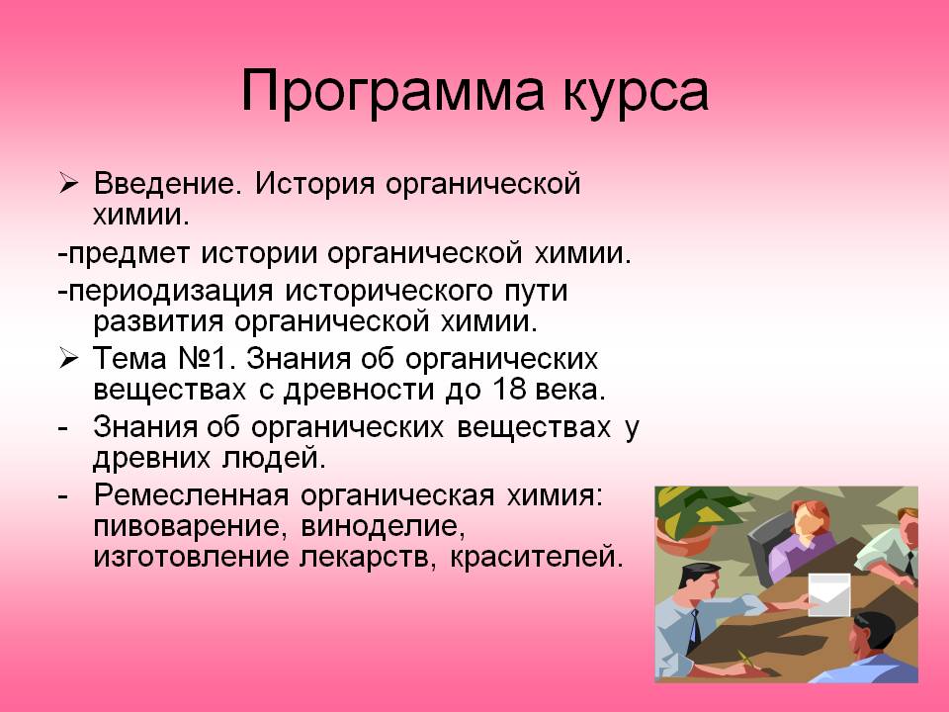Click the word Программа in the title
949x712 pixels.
pos(392,92)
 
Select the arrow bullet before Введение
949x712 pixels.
pos(68,184)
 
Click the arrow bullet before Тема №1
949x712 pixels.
pos(68,358)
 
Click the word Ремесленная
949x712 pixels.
pos(191,495)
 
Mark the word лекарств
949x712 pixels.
pos(368,558)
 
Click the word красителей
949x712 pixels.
pos(536,558)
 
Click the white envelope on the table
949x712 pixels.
pos(828,594)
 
